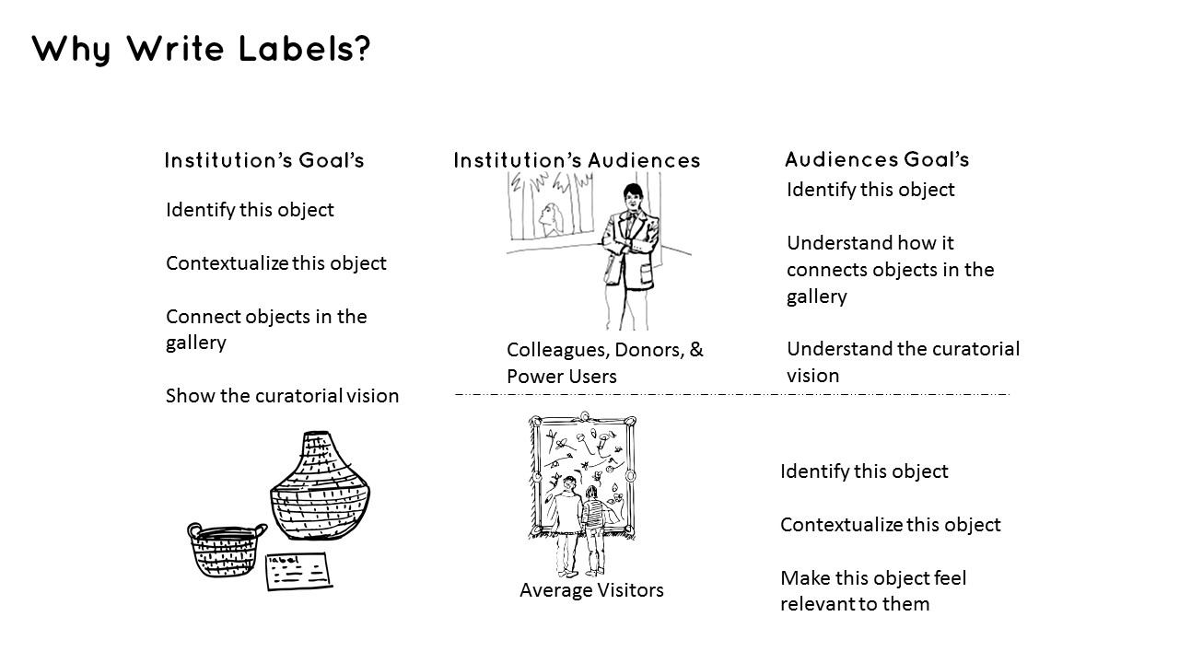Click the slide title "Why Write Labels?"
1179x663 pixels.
coord(201,49)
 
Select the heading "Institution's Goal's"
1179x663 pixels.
coord(264,161)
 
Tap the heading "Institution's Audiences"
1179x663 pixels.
coord(577,161)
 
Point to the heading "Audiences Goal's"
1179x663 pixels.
coord(877,159)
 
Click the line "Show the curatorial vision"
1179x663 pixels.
coord(282,396)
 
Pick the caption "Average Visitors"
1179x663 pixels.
coord(591,590)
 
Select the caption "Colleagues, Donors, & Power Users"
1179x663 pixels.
coord(604,363)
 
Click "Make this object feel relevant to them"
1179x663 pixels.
coord(872,591)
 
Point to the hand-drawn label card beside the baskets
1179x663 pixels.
coord(298,571)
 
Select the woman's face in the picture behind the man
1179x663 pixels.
coord(551,218)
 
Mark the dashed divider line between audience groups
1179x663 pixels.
coord(732,394)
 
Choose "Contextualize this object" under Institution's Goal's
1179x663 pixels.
coord(275,263)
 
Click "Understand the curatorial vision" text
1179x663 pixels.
coord(903,362)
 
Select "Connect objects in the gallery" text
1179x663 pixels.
coord(266,330)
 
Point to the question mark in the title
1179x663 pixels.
coord(362,49)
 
